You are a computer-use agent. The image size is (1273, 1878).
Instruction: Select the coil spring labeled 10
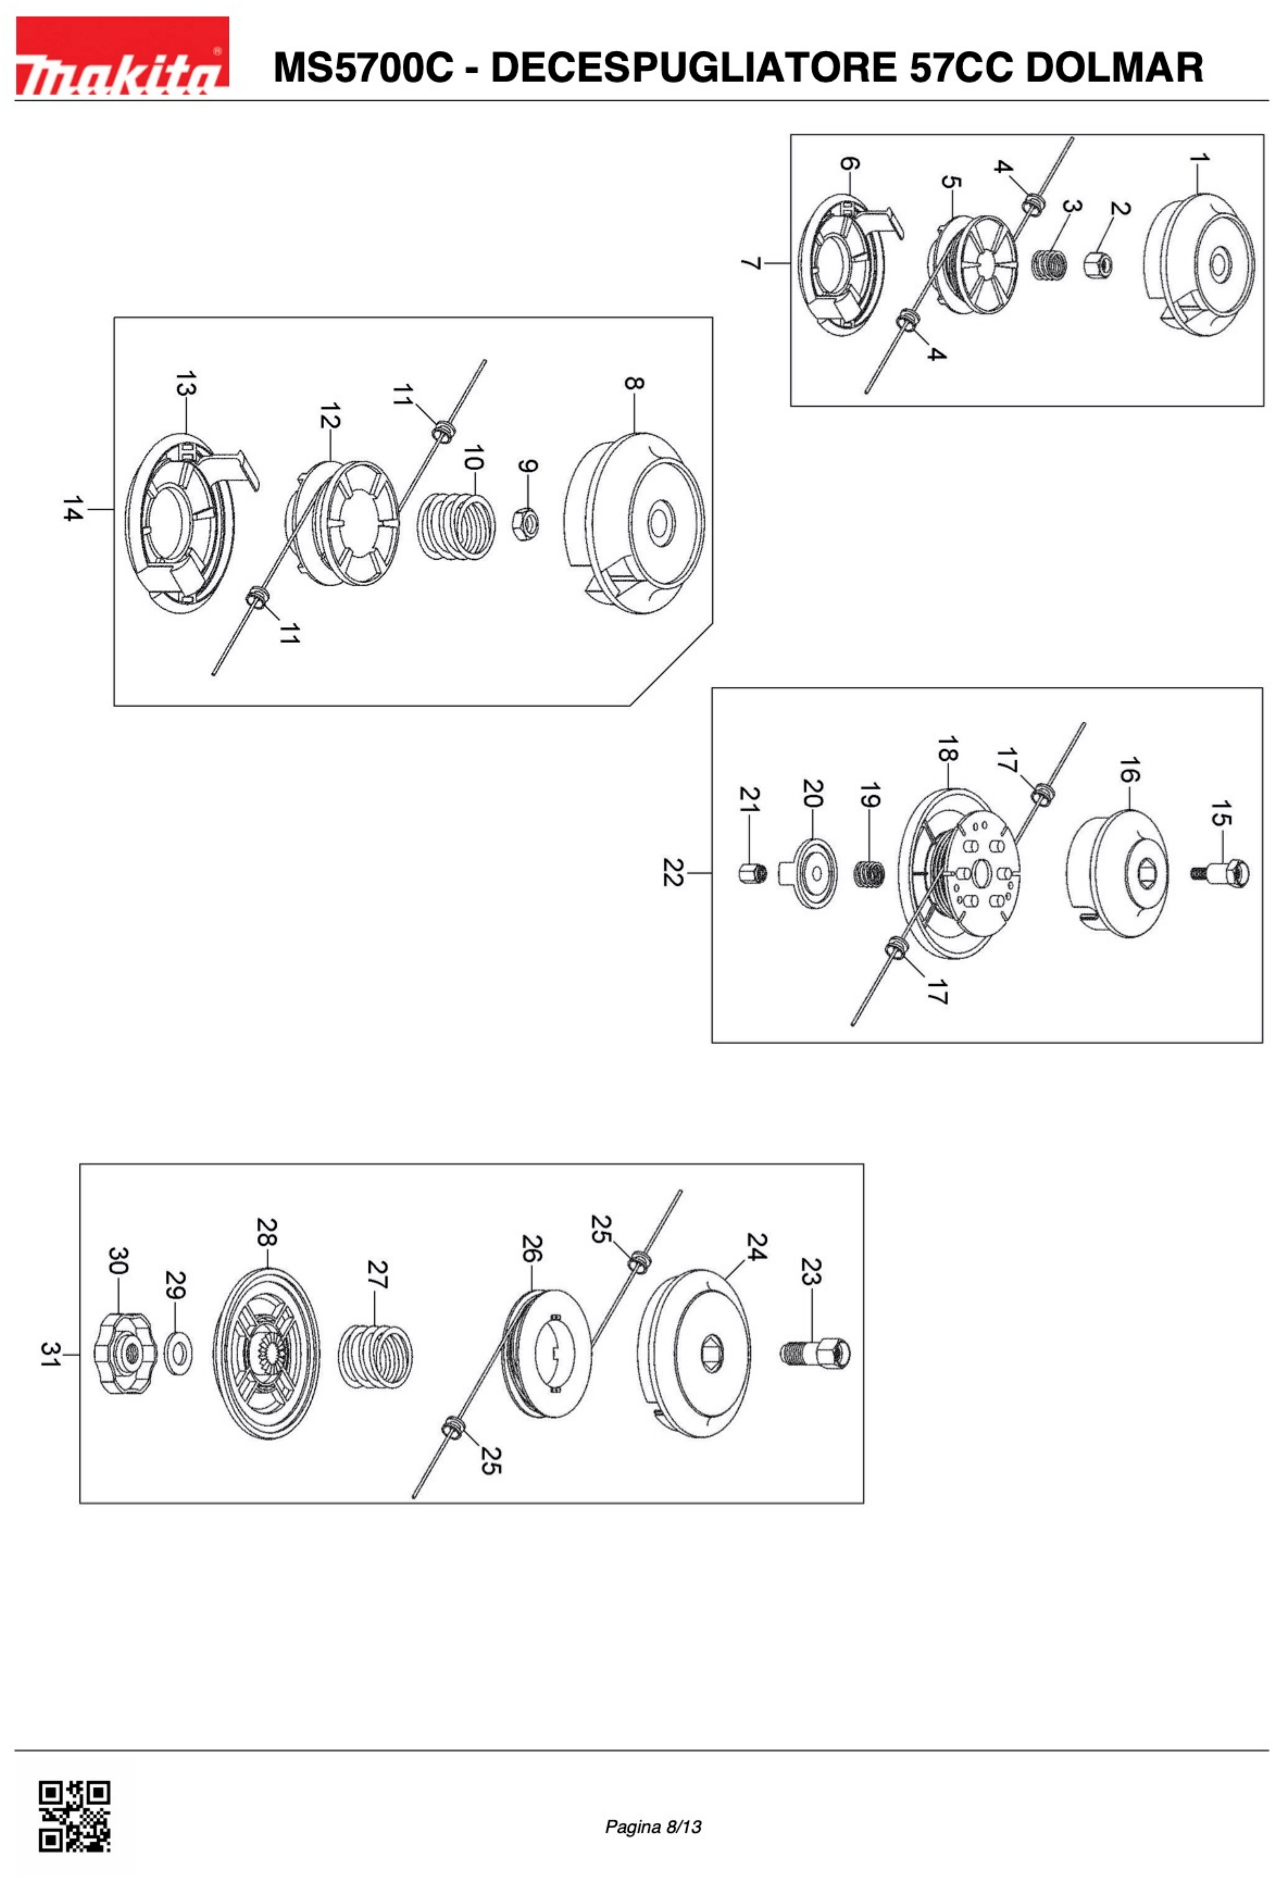pyautogui.click(x=456, y=526)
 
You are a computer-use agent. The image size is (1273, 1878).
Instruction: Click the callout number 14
pyautogui.click(x=73, y=509)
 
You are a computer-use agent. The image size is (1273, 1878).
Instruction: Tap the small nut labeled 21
pyautogui.click(x=751, y=874)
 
